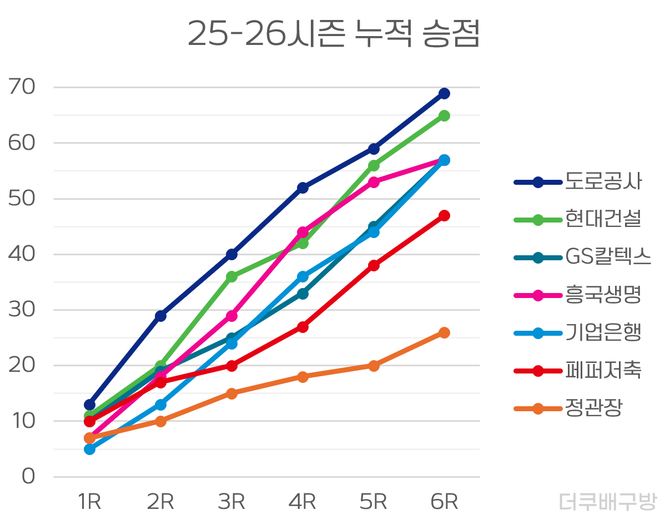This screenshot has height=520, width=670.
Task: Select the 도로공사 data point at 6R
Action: pos(444,93)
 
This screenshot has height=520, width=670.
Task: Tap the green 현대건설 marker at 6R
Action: pos(444,115)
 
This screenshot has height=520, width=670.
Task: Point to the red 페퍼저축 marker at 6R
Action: pos(444,215)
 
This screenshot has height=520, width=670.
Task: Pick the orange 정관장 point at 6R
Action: pos(444,332)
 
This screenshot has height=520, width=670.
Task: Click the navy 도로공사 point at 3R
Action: pos(231,254)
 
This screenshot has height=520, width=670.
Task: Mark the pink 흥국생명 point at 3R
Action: pos(231,316)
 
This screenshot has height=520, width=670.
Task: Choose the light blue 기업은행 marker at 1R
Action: pos(89,449)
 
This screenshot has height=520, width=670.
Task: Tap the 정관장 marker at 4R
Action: pos(303,377)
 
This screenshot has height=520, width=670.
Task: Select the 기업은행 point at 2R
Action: pos(160,405)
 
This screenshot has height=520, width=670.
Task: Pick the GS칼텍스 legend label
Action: pos(608,257)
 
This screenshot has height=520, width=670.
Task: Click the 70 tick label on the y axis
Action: pos(22,87)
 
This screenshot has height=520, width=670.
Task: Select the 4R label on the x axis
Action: pos(303,502)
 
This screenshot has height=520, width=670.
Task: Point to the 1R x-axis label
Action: pos(89,502)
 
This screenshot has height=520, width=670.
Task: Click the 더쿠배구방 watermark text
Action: pos(607,502)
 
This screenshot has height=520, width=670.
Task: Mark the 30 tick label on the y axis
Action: pos(22,310)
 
